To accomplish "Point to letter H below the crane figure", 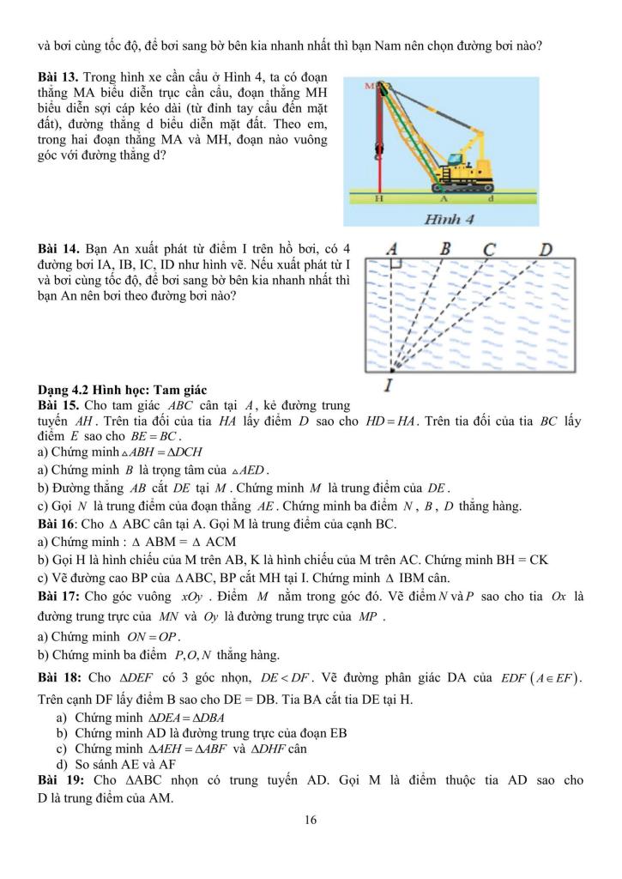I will [x=378, y=198].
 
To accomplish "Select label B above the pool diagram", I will [x=445, y=248].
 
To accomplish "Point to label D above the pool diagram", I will [x=544, y=249].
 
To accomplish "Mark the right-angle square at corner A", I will [x=396, y=266].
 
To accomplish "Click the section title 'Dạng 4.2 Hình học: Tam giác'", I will [x=115, y=389].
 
